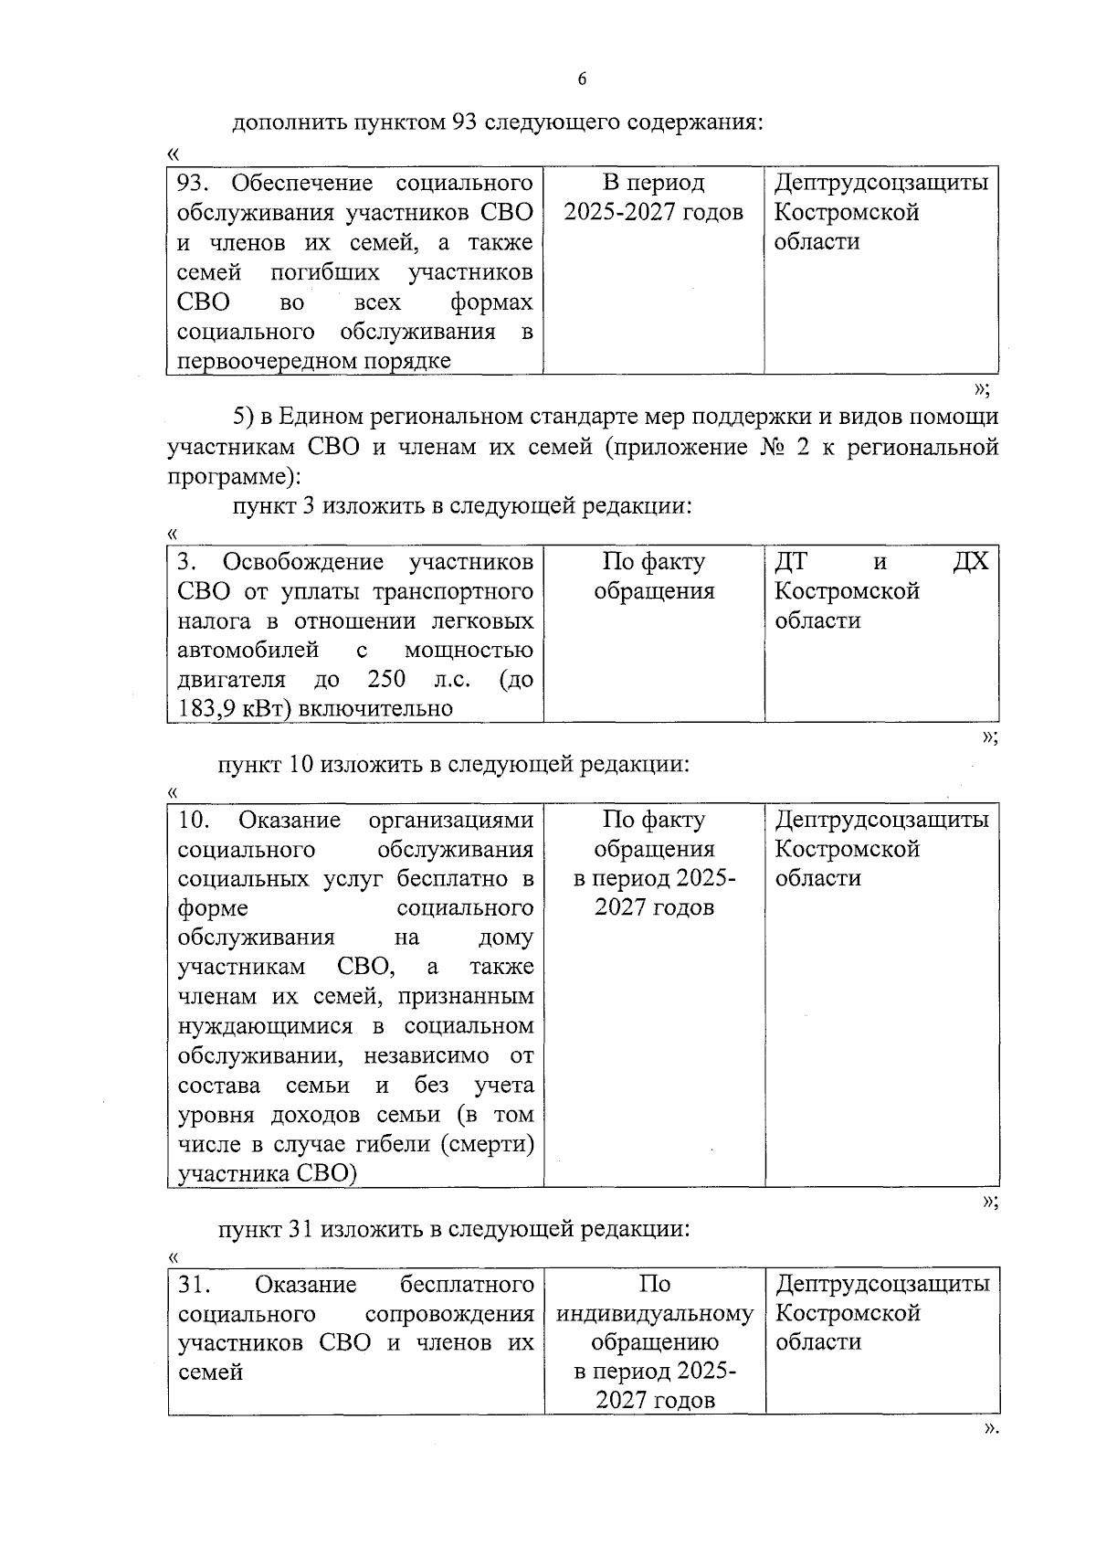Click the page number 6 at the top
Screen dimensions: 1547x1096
(x=582, y=79)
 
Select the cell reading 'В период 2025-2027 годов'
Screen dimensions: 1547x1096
(x=653, y=198)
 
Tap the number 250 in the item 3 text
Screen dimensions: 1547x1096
(x=386, y=680)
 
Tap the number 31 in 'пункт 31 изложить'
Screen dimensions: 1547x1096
(x=300, y=1230)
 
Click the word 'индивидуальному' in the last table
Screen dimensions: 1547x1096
(x=654, y=1315)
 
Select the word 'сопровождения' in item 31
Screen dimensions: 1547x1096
(x=448, y=1315)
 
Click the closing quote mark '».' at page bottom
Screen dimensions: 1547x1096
(x=987, y=1430)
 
